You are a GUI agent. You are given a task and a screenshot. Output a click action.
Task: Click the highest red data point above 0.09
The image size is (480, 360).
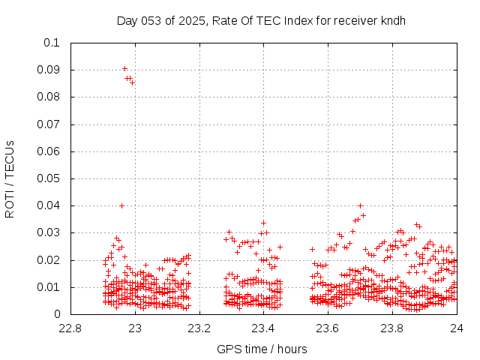pyautogui.click(x=124, y=68)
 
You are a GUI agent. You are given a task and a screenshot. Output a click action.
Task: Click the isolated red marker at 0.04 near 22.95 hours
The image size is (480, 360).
pyautogui.click(x=121, y=205)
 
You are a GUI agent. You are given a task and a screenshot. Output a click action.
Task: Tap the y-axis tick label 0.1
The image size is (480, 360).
pyautogui.click(x=52, y=43)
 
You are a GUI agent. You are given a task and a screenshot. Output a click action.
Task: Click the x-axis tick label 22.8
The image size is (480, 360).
pyautogui.click(x=70, y=328)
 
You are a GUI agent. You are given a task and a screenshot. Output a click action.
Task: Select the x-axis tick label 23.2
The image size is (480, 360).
pyautogui.click(x=199, y=328)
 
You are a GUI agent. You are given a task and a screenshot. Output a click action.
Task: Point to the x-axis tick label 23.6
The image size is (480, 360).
pyautogui.click(x=328, y=328)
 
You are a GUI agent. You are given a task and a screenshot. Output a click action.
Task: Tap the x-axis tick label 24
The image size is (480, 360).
pyautogui.click(x=456, y=328)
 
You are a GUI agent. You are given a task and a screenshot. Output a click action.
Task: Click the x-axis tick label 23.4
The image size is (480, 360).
pyautogui.click(x=263, y=328)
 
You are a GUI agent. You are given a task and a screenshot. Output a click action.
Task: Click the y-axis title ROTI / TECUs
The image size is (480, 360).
pyautogui.click(x=10, y=178)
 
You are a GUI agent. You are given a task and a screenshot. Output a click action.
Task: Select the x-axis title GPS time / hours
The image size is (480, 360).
pyautogui.click(x=262, y=349)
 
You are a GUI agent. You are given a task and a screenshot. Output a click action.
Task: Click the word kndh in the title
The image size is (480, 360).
pyautogui.click(x=392, y=20)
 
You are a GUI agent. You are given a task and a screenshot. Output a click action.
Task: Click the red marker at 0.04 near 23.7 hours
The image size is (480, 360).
pyautogui.click(x=360, y=205)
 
